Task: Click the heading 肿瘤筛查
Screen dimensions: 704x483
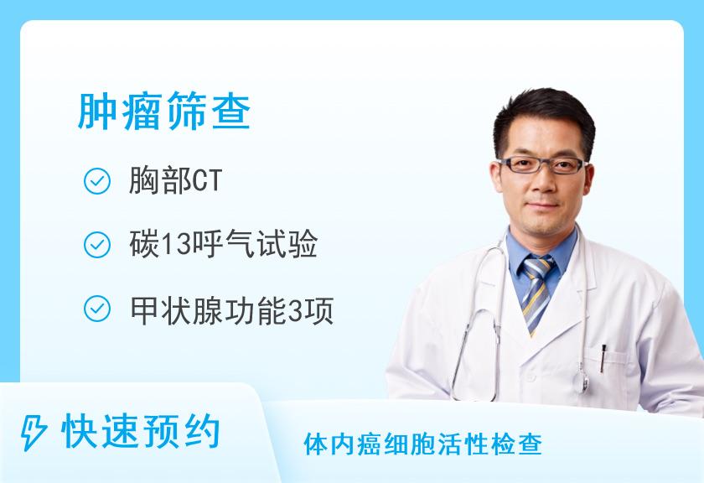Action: pos(164,111)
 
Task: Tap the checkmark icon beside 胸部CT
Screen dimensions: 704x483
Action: pos(97,181)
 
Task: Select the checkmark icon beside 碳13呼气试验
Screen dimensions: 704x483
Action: pos(97,245)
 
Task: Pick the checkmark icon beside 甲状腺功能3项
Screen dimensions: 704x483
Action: pos(97,309)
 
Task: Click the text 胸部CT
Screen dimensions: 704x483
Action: pos(175,180)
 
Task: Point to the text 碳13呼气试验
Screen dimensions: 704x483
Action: pos(224,244)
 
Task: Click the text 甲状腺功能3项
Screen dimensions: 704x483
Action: pos(231,310)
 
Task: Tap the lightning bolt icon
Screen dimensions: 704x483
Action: pos(34,433)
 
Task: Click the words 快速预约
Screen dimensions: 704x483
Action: pos(141,432)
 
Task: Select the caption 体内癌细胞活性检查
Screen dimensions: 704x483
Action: pos(423,444)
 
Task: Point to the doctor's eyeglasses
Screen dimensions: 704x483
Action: pos(542,165)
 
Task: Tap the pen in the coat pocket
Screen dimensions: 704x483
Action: pos(603,358)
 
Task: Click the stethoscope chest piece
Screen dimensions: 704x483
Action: pos(584,380)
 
